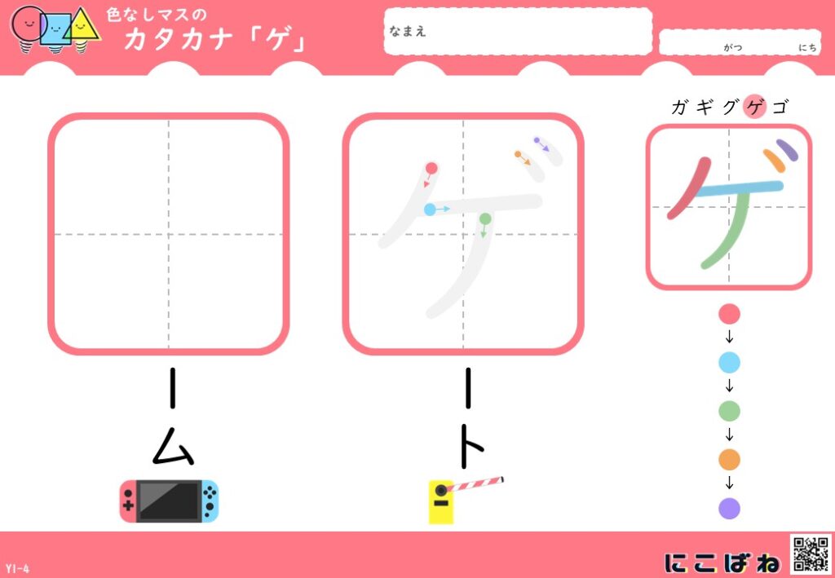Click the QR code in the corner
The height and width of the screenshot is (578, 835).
click(x=811, y=554)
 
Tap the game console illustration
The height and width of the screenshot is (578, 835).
click(x=170, y=501)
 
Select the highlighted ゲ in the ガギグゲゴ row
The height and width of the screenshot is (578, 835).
click(x=755, y=108)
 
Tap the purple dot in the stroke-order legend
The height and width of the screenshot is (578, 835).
click(x=729, y=508)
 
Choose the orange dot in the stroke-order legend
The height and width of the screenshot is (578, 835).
click(x=729, y=460)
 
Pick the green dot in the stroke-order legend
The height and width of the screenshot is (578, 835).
click(x=729, y=412)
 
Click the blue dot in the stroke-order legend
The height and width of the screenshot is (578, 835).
click(x=729, y=363)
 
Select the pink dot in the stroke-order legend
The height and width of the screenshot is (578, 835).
click(x=729, y=314)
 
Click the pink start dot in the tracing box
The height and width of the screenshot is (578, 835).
click(x=431, y=169)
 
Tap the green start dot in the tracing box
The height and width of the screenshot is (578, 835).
click(x=485, y=218)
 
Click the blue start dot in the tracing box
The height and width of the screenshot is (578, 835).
click(x=430, y=210)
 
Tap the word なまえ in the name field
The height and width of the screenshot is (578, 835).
click(x=408, y=32)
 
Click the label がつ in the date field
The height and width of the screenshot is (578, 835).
click(x=733, y=48)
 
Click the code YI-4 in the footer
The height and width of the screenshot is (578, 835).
click(x=18, y=569)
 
